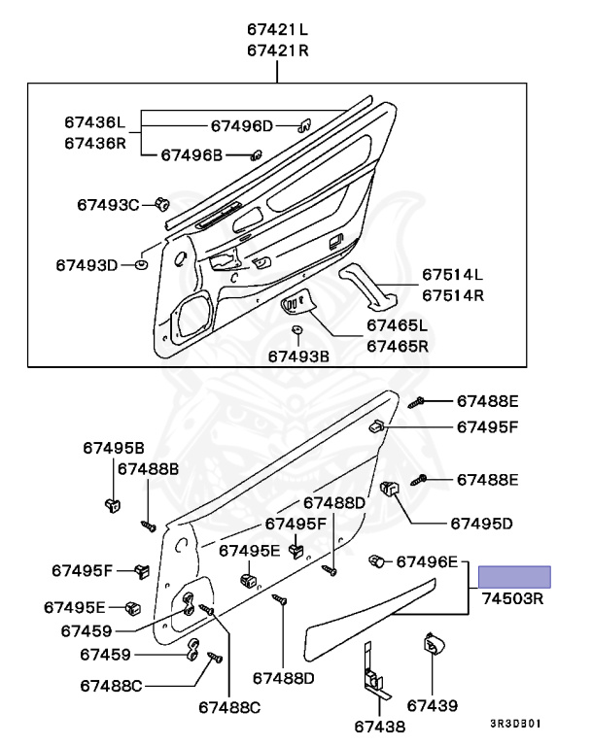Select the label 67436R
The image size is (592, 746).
point(95,142)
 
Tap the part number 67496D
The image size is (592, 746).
point(243,125)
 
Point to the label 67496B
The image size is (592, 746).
point(192,154)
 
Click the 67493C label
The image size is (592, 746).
point(109,204)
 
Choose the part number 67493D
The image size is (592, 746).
point(86,264)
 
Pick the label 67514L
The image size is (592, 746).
point(452,274)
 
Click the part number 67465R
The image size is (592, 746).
point(397,345)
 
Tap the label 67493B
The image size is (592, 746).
point(298,356)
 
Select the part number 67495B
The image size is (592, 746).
point(113,447)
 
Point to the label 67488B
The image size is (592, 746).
point(149,468)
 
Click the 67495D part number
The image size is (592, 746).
point(481,523)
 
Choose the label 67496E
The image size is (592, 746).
point(430,562)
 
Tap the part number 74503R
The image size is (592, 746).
point(511,599)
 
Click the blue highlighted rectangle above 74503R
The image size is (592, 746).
point(517,577)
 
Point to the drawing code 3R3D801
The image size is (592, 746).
point(515,724)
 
